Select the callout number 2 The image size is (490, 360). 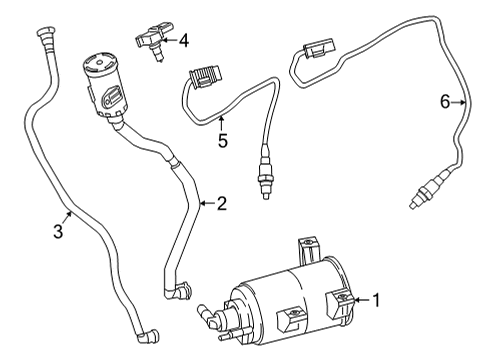pyautogui.click(x=221, y=204)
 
